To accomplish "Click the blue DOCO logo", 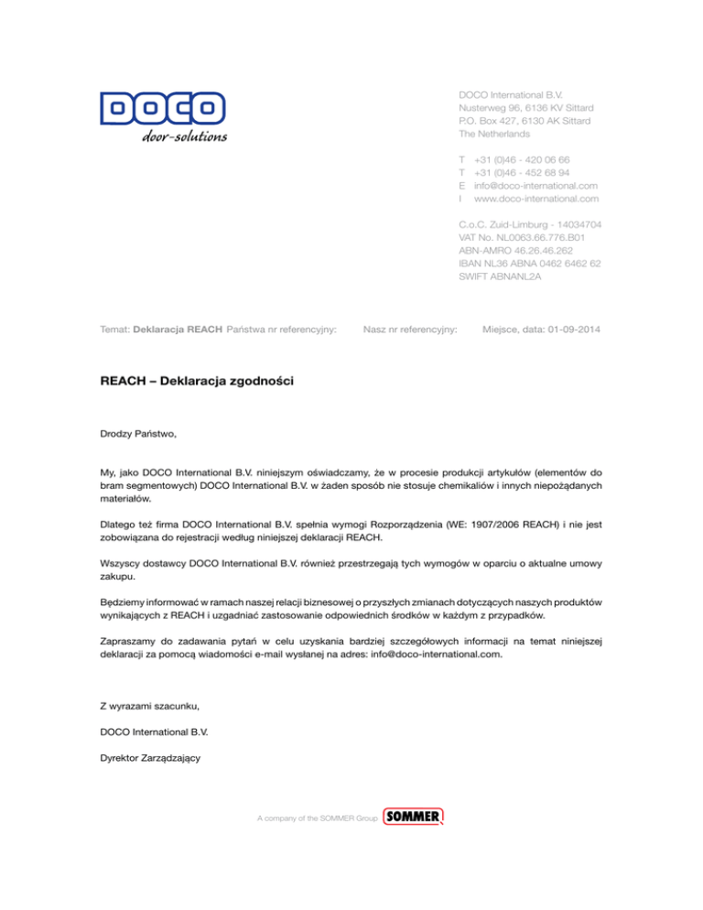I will [x=163, y=110].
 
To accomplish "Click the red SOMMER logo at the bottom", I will [x=414, y=817].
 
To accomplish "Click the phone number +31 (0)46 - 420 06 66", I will [x=522, y=159].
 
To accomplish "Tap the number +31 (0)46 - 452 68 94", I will [x=522, y=172].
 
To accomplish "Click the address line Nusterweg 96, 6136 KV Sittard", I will [x=525, y=107].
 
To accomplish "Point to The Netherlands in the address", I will [x=494, y=134].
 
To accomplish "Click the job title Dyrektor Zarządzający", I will [x=150, y=757].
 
